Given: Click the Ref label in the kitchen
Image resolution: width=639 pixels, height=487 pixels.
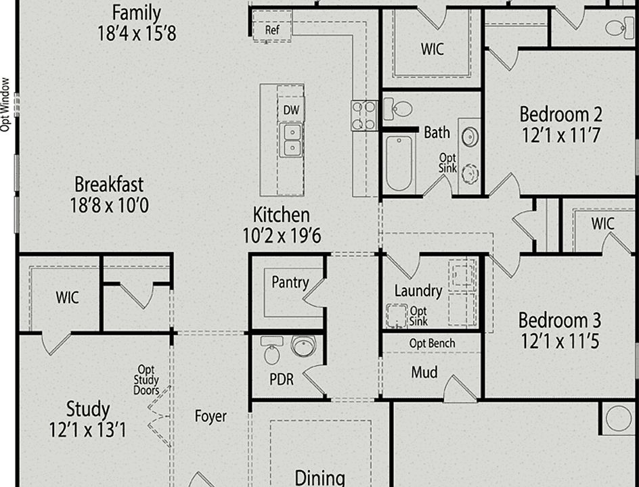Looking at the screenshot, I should [272, 30].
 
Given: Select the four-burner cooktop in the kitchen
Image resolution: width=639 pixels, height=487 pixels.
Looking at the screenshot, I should [364, 115].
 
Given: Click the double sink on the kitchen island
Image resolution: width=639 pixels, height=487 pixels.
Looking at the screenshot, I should [292, 139].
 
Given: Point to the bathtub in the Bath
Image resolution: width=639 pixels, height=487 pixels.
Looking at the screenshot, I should [399, 163].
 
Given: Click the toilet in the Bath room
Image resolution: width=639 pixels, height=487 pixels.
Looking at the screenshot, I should [398, 109].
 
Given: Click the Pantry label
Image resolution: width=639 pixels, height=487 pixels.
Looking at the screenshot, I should [290, 282].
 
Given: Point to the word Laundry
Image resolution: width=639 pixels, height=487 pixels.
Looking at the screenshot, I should [418, 291].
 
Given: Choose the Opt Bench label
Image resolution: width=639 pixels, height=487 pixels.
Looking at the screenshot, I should [432, 343].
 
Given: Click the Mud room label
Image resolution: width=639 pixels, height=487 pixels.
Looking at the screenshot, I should [424, 372].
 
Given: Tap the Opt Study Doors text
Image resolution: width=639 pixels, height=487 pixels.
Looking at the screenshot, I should [147, 380].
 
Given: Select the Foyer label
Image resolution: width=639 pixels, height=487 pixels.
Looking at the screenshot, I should [211, 416].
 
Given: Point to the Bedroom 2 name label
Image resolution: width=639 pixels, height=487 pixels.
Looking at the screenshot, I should [560, 114].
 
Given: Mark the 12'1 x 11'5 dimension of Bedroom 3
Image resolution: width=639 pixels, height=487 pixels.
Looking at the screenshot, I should [559, 341].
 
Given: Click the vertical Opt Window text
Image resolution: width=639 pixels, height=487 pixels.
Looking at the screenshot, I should [6, 103].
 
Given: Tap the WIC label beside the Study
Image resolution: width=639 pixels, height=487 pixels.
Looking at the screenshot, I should [67, 297].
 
